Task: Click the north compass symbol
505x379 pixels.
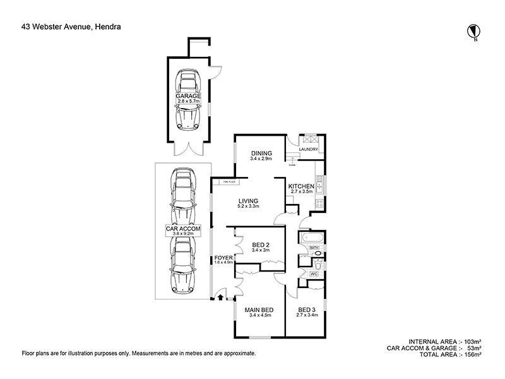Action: pos(472,30)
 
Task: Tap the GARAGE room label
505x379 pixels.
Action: pos(189,96)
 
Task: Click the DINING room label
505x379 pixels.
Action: pos(261,153)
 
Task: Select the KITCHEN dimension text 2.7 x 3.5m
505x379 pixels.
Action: pos(302,193)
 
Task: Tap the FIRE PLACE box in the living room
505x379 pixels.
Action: pos(228,182)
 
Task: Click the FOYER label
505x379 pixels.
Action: pos(223,258)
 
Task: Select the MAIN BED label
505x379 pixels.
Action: pos(259,310)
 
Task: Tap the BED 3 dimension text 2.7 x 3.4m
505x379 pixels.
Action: pos(307,315)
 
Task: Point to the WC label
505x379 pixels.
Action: pos(312,274)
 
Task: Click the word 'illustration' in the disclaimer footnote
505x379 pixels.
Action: pos(94,354)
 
